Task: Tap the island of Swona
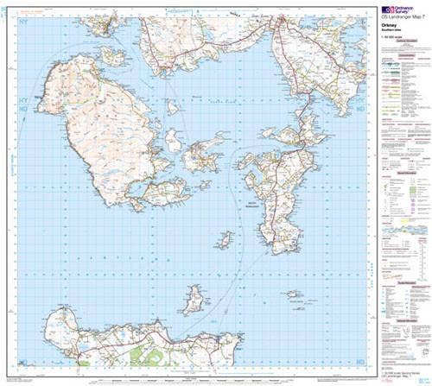coord(226,237)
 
